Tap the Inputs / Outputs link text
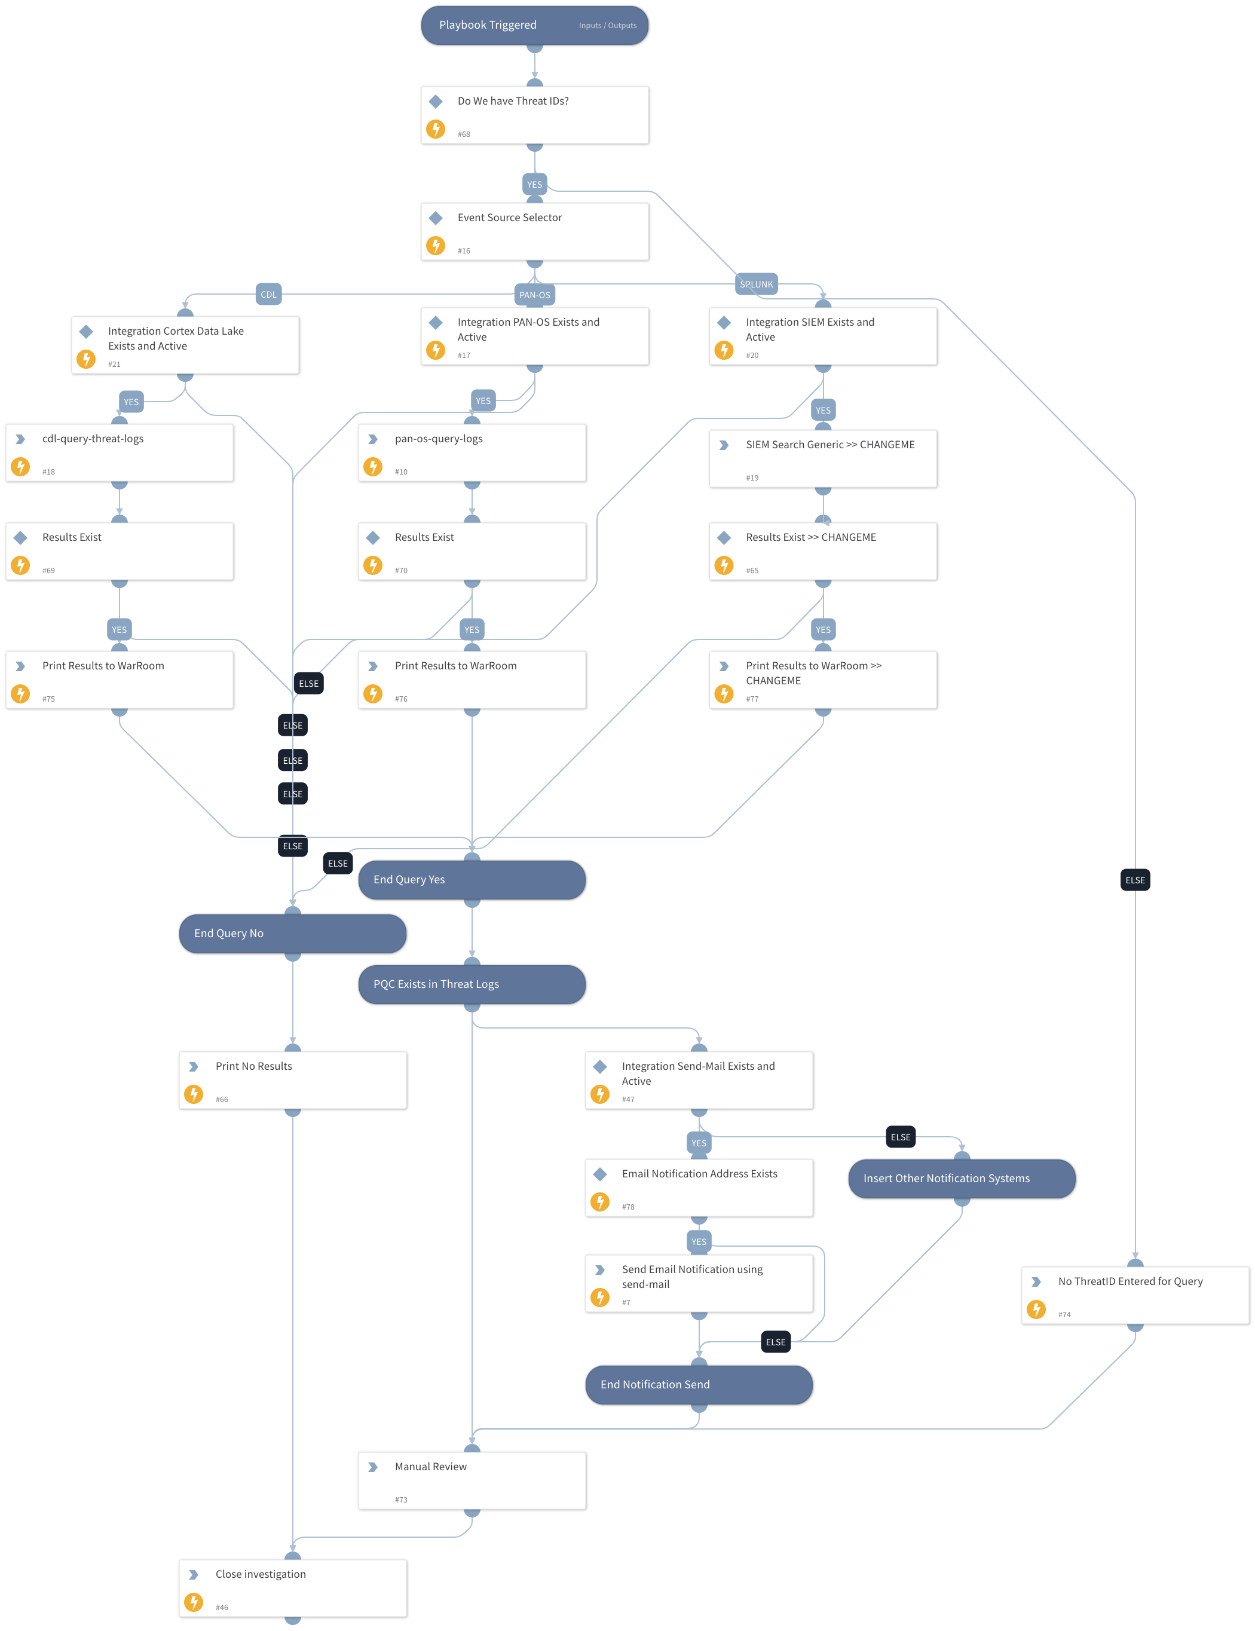[607, 25]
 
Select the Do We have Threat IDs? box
[534, 115]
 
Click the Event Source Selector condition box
[534, 231]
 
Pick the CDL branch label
[269, 294]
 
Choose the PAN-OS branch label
[534, 295]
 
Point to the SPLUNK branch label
[756, 284]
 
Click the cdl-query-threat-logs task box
[120, 452]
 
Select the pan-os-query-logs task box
[472, 452]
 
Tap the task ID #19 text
[752, 478]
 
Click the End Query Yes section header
[472, 880]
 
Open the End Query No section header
[293, 934]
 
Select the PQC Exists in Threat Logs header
[472, 984]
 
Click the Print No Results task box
[293, 1080]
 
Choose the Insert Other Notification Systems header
[962, 1179]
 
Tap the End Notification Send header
[699, 1385]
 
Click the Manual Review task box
[472, 1480]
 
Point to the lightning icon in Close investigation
[194, 1602]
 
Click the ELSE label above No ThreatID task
[1135, 880]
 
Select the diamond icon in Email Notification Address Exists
[599, 1174]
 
